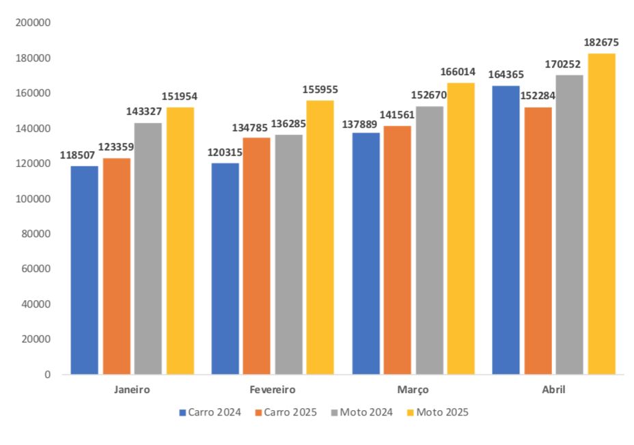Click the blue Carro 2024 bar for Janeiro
[85, 270]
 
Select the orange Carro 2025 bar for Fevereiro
[256, 256]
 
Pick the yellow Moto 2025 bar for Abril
[602, 214]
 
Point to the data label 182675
[601, 42]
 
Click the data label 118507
[77, 155]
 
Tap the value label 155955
[320, 90]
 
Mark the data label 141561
[398, 115]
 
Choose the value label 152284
[538, 96]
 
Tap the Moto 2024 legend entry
[361, 412]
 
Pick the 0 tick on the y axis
[48, 375]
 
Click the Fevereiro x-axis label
[273, 390]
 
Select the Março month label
[413, 390]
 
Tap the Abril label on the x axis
[553, 390]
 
